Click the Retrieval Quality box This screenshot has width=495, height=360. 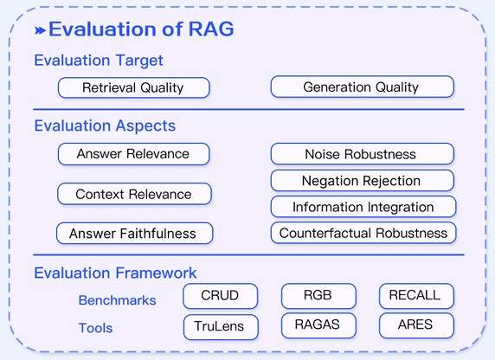pyautogui.click(x=134, y=87)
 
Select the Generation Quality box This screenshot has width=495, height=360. pyautogui.click(x=362, y=87)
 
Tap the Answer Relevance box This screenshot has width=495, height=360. pyautogui.click(x=134, y=154)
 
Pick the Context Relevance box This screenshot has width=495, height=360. pyautogui.click(x=134, y=194)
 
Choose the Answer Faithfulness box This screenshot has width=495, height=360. pyautogui.click(x=134, y=234)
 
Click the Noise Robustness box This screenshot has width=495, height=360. pyautogui.click(x=362, y=154)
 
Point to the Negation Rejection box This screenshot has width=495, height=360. pyautogui.click(x=362, y=181)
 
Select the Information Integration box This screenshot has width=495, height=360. pyautogui.click(x=363, y=207)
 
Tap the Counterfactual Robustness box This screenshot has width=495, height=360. pyautogui.click(x=363, y=233)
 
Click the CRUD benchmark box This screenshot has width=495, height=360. pyautogui.click(x=221, y=296)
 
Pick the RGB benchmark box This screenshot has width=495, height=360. pyautogui.click(x=318, y=296)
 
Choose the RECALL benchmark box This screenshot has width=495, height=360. pyautogui.click(x=416, y=296)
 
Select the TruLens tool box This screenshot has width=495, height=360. pyautogui.click(x=221, y=327)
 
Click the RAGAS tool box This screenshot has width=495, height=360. pyautogui.click(x=318, y=325)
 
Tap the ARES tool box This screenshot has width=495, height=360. pyautogui.click(x=416, y=325)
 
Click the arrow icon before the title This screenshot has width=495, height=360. pyautogui.click(x=40, y=30)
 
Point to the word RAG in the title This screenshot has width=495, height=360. pyautogui.click(x=211, y=29)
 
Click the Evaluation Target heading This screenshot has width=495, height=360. pyautogui.click(x=99, y=61)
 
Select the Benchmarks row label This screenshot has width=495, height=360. pyautogui.click(x=117, y=300)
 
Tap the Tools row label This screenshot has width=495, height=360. pyautogui.click(x=95, y=328)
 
